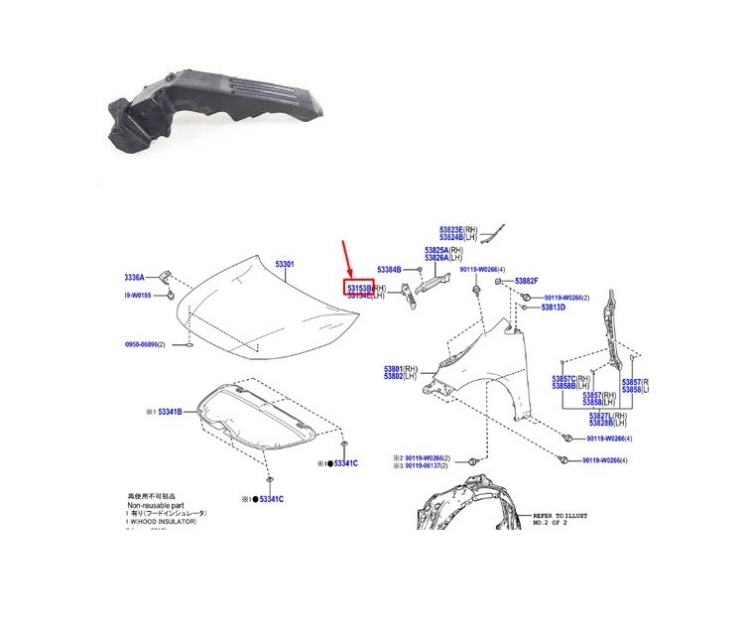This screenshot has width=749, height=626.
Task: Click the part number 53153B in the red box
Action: click(357, 287)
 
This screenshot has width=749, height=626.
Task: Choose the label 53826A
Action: click(443, 258)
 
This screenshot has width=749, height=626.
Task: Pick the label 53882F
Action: click(527, 281)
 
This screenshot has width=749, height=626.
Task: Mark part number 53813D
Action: click(553, 308)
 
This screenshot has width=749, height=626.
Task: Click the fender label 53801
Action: click(399, 368)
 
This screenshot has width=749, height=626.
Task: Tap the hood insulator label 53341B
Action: click(166, 410)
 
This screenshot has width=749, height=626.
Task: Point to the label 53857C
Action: click(568, 378)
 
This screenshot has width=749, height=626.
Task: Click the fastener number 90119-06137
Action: click(427, 466)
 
